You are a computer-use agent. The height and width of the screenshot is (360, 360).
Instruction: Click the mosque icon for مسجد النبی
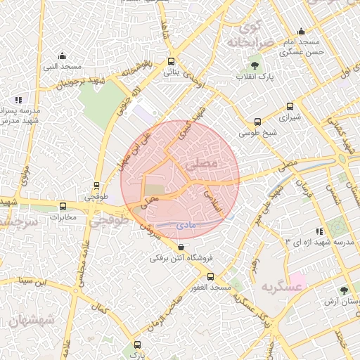[x=62, y=56]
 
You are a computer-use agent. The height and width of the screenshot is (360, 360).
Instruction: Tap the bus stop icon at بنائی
[x=172, y=61]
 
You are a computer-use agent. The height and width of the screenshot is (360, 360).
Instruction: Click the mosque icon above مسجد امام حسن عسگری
[x=302, y=31]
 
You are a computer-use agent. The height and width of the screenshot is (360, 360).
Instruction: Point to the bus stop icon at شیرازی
[x=290, y=108]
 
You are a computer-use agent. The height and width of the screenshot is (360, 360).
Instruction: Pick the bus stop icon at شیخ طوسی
[x=258, y=121]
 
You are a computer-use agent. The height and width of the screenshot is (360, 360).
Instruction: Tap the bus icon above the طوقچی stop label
[x=97, y=186]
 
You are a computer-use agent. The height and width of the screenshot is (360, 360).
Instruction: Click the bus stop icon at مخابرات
[x=63, y=207]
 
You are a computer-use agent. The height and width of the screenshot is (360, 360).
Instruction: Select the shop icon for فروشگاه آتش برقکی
[x=181, y=247]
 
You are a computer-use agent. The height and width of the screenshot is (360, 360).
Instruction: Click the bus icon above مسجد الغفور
[x=210, y=277]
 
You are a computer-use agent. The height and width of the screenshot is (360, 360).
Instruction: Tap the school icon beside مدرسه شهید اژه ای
[x=320, y=231]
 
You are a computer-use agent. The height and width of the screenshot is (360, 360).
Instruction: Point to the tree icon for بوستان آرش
[x=344, y=290]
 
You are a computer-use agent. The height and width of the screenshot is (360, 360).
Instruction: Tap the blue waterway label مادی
[x=188, y=224]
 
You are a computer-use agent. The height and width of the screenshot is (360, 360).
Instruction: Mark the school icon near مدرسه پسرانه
[x=18, y=101]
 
